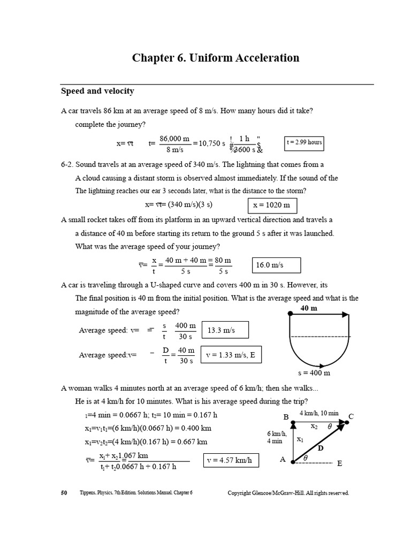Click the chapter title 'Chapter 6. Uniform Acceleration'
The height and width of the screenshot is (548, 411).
click(x=216, y=58)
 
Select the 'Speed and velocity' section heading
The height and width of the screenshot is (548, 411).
click(x=97, y=92)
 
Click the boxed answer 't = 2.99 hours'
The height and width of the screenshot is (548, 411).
click(x=304, y=143)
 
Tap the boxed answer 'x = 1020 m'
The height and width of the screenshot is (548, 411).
click(x=272, y=205)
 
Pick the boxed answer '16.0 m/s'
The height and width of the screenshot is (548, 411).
click(x=276, y=265)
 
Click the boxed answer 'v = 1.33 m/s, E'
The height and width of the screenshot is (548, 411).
click(x=231, y=354)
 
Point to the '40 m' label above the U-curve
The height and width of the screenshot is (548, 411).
click(x=309, y=308)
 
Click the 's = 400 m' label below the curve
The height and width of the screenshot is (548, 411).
click(x=314, y=373)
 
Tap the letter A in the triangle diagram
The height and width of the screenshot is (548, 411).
click(x=283, y=459)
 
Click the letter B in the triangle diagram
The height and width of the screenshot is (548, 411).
click(x=286, y=417)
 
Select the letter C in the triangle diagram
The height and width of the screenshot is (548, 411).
click(x=351, y=416)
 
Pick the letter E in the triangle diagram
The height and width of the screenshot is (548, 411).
click(x=339, y=463)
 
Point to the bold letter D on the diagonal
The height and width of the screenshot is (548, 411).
click(x=321, y=448)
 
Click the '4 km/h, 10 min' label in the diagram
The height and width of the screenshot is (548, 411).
click(x=319, y=414)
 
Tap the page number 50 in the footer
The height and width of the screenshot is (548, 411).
click(x=64, y=493)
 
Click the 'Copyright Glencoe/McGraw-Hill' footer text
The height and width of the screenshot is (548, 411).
click(x=288, y=493)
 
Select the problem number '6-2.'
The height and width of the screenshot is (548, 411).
click(x=70, y=165)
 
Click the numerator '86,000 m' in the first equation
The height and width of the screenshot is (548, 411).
click(x=174, y=138)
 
